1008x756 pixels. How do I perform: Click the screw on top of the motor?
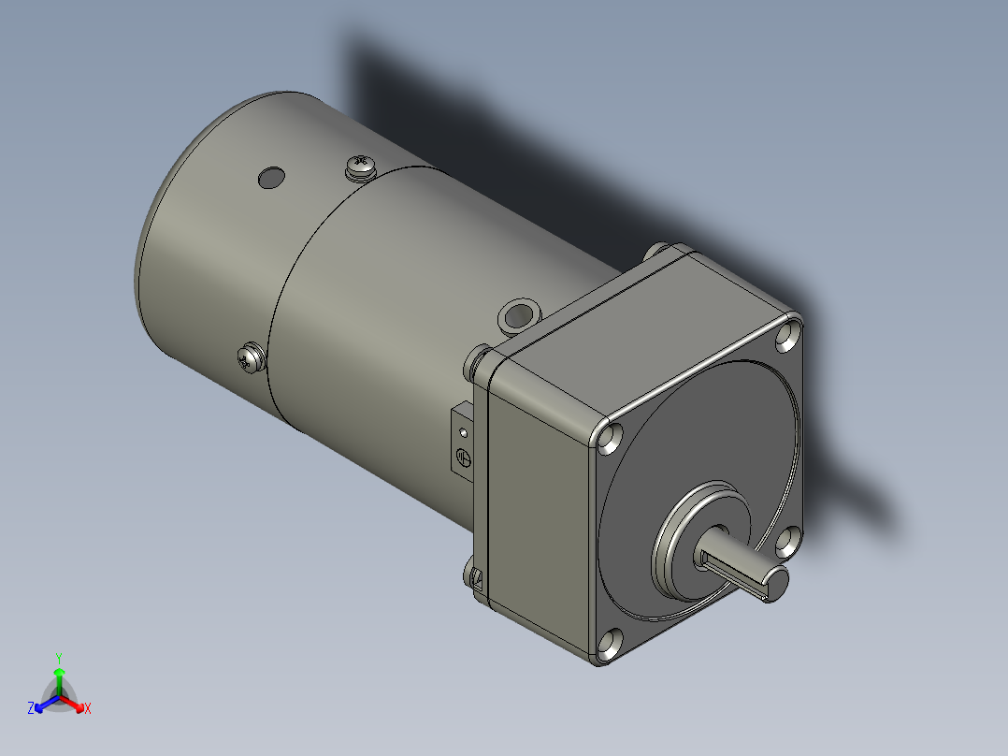(360, 167)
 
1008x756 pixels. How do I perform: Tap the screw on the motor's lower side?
(249, 357)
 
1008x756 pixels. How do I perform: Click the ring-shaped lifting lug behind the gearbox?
(519, 314)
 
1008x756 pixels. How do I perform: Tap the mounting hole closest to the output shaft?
(787, 538)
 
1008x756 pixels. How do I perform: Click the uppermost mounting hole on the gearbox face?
(788, 335)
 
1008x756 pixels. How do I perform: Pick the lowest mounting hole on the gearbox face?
(609, 643)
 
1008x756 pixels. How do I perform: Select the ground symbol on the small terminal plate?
(463, 458)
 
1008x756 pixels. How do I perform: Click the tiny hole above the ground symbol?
(463, 432)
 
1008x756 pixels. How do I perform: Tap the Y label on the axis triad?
(59, 657)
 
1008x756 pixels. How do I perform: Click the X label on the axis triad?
(88, 708)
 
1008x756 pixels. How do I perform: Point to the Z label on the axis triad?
(31, 708)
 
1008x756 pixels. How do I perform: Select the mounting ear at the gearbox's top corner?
(665, 252)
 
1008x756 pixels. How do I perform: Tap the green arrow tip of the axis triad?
(59, 672)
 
